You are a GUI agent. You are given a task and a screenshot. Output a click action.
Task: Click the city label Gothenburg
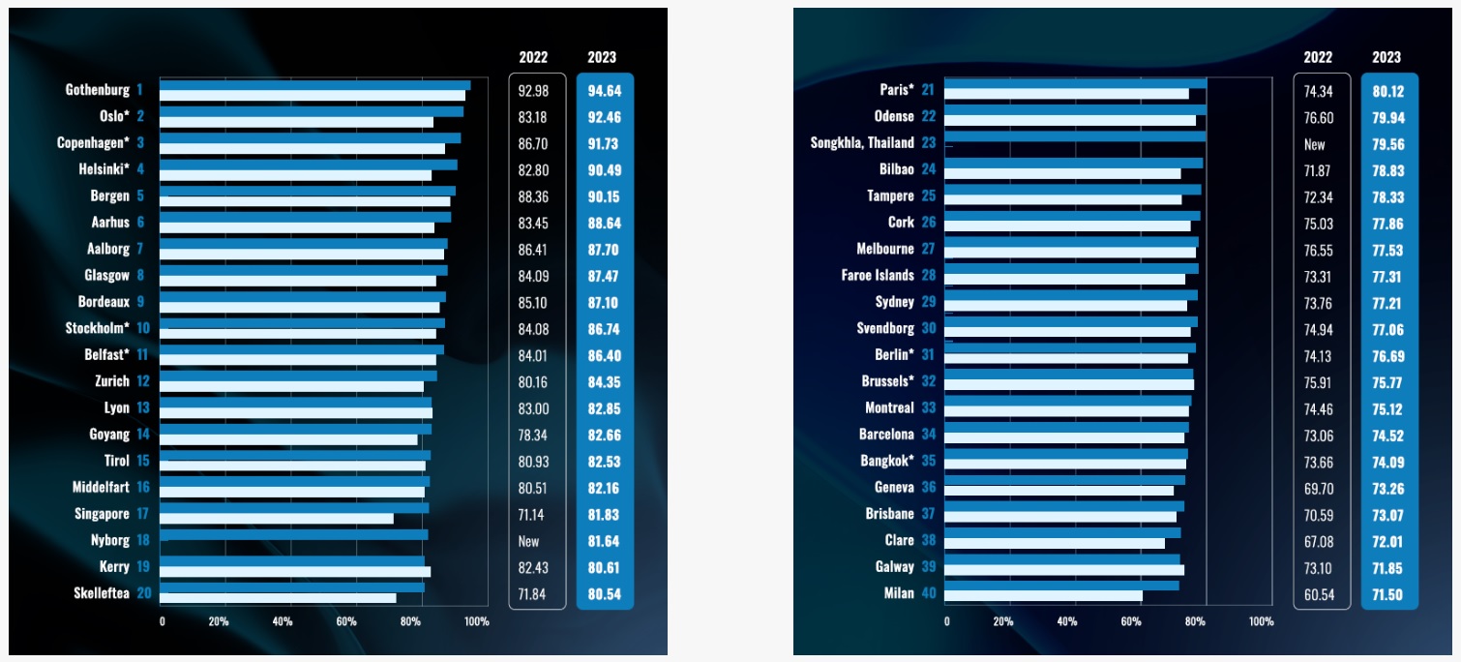click(97, 90)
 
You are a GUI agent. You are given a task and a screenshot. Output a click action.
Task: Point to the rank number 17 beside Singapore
click(142, 514)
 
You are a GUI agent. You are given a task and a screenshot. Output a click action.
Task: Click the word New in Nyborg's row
click(527, 541)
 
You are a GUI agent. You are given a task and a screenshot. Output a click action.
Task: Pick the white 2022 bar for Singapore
click(277, 519)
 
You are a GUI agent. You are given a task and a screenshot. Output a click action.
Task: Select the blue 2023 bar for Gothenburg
click(314, 85)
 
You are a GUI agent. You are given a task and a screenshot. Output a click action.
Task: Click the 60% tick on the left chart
click(346, 620)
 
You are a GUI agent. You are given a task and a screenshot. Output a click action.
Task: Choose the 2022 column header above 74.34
click(1317, 57)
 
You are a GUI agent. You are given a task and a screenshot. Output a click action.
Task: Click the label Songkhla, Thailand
click(861, 142)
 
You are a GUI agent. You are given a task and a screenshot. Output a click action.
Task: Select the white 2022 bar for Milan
click(1043, 597)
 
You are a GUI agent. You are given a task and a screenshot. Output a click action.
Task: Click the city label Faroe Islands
click(877, 275)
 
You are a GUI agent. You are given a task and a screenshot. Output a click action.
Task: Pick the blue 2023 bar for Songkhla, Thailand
click(1074, 137)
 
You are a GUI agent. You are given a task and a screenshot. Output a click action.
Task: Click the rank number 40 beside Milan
click(928, 593)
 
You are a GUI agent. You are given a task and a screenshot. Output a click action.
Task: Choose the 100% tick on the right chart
click(1261, 620)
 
